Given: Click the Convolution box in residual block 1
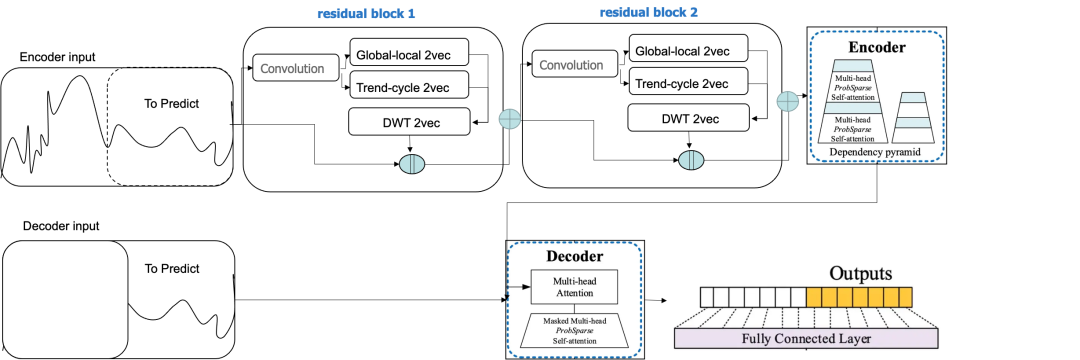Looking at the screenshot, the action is [x=297, y=68].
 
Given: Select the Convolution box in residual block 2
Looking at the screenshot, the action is [x=574, y=65].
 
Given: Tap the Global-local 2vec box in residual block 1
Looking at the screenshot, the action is [x=409, y=52].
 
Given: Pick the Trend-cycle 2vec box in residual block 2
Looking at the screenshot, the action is [x=688, y=84].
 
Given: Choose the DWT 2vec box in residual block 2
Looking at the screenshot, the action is [x=688, y=118].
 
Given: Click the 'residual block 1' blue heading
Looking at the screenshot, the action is [x=366, y=13].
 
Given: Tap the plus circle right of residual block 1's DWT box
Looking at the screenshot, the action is [x=509, y=118].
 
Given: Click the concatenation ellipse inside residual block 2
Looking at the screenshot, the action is [x=691, y=160].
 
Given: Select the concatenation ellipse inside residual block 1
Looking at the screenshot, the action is [x=412, y=164].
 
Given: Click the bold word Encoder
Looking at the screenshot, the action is [x=877, y=47].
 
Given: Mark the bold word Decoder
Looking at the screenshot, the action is [x=574, y=257].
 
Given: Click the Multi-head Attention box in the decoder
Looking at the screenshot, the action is [x=574, y=286].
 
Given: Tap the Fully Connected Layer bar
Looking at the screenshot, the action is [x=806, y=338].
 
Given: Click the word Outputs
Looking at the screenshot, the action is [x=860, y=273].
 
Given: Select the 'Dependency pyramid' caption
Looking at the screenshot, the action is [x=875, y=151].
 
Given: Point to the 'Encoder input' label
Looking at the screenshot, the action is [x=58, y=57].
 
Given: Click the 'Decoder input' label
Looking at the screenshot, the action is [x=61, y=226].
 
